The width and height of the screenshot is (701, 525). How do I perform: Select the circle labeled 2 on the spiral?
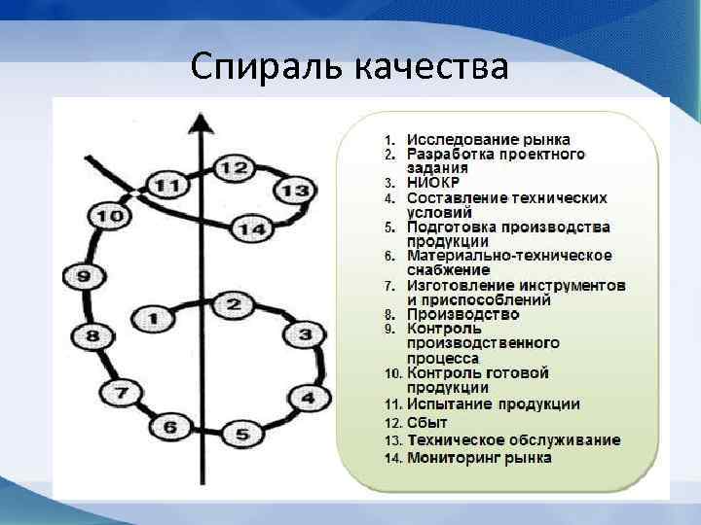point(233,304)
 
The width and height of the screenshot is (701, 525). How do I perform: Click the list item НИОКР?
point(433,183)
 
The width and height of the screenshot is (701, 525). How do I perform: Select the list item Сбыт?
point(427,423)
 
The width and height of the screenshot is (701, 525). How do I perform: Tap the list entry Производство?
point(462,314)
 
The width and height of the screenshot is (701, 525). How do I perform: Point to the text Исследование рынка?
point(488,140)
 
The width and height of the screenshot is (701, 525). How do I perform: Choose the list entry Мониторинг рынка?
point(479,457)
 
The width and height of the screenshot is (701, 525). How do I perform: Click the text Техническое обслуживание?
point(513,439)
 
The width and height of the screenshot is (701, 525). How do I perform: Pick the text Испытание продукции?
point(494,403)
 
